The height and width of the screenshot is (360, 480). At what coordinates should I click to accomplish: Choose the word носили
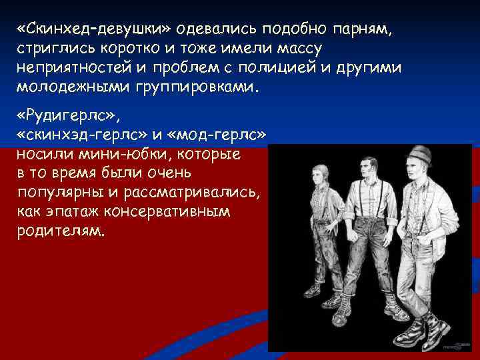click(x=42, y=153)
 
